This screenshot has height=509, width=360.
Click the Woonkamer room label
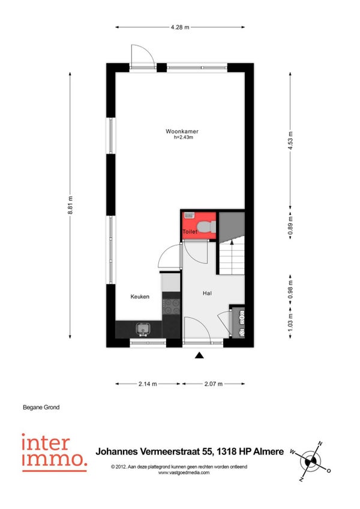point(182,131)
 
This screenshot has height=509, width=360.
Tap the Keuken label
point(140,297)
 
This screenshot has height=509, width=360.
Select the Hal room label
point(207,293)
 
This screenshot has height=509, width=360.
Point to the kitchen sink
point(143,329)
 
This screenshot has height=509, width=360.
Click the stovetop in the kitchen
point(172,307)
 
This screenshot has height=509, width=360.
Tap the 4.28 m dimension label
point(180,27)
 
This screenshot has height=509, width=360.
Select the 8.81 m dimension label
point(70,205)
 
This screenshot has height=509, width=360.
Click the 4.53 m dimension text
point(290,140)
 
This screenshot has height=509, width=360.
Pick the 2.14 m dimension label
point(148,384)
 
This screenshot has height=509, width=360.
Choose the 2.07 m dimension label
point(214,384)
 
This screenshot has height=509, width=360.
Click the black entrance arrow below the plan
point(199,355)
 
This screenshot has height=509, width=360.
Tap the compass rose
point(311,461)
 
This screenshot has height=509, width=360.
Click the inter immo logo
point(54,453)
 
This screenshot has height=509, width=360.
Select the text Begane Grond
point(41,407)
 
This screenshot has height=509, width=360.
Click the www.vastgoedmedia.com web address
point(184,472)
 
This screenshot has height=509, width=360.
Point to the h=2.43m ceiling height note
point(184,137)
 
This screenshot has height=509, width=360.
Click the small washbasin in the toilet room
point(189,215)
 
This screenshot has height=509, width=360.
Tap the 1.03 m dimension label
point(290,322)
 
